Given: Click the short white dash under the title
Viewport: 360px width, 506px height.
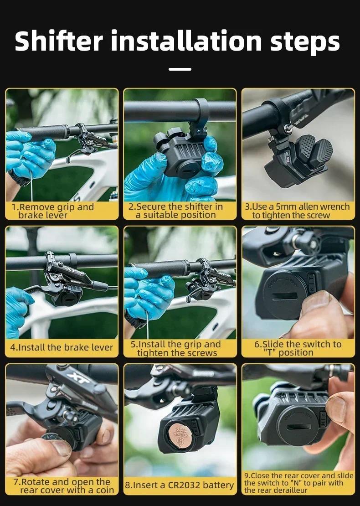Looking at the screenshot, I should click(x=180, y=69).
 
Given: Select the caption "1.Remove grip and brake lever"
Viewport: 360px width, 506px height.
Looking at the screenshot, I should click(x=52, y=211).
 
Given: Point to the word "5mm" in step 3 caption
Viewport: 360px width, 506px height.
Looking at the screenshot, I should click(x=286, y=207).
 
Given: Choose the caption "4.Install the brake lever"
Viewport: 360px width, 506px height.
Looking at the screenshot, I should click(x=62, y=347).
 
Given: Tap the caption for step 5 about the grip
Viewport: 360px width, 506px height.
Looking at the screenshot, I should click(x=179, y=348).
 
